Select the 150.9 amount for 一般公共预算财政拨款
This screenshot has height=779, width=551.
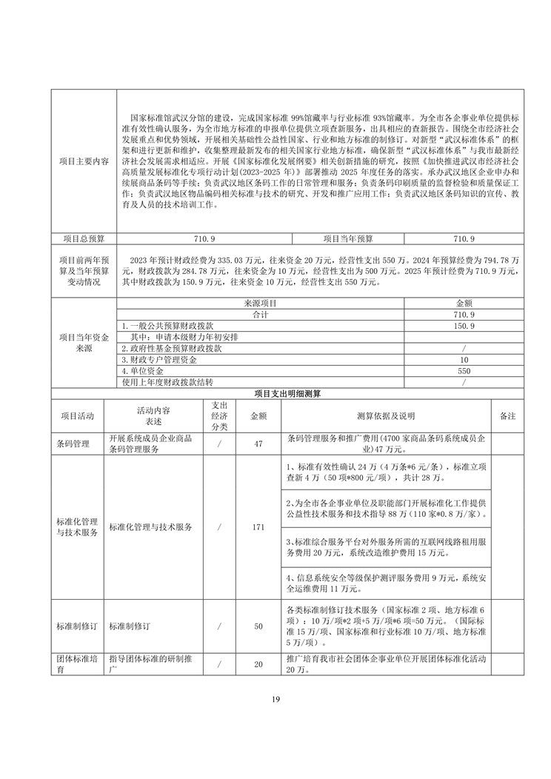coord(465,326)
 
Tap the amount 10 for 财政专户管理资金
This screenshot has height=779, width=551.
coord(465,360)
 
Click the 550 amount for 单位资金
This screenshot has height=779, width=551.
coord(465,371)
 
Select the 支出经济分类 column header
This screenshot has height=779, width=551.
coord(220,416)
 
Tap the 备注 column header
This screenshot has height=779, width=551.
coord(507,416)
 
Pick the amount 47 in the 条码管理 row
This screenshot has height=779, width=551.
coord(258,444)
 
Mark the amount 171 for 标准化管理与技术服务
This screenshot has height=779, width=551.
coord(258,527)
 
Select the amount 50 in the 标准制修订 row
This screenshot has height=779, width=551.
coord(258,626)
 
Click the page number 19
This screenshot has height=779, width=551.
coord(275,699)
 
